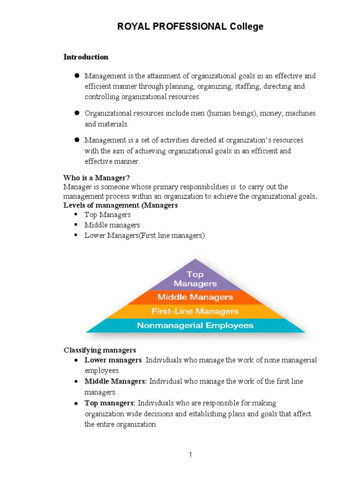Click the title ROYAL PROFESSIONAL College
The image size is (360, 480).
(x=190, y=27)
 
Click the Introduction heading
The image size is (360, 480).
(x=86, y=57)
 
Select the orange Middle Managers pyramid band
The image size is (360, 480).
(x=195, y=297)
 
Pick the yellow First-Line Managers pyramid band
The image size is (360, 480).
(x=195, y=311)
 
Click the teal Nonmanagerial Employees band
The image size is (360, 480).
(x=195, y=325)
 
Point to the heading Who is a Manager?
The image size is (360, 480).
(x=97, y=178)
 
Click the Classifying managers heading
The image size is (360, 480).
(x=100, y=350)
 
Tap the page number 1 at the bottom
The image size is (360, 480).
(x=191, y=454)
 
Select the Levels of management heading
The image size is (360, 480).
(x=120, y=206)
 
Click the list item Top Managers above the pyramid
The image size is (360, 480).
(x=107, y=215)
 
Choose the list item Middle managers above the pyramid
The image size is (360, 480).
(x=112, y=225)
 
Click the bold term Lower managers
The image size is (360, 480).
(x=113, y=360)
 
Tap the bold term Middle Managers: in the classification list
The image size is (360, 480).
(x=115, y=382)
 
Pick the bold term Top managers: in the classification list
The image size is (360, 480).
(x=110, y=403)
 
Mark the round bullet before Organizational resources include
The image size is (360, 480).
(x=75, y=113)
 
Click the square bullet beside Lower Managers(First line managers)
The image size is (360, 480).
(x=75, y=235)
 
